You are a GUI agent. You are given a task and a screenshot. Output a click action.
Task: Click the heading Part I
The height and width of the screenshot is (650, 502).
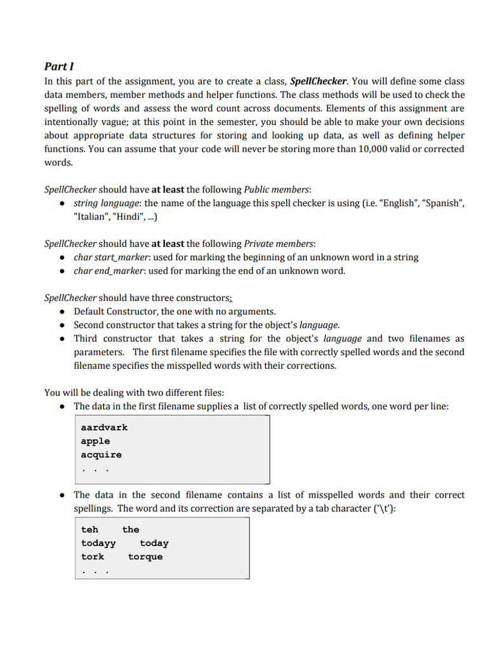(60, 66)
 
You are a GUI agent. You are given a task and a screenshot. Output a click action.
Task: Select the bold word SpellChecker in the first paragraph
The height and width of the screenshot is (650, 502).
(319, 81)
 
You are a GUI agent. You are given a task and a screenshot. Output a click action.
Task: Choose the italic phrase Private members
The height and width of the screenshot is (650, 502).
(279, 244)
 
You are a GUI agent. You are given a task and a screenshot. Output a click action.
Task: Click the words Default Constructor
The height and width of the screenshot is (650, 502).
(115, 311)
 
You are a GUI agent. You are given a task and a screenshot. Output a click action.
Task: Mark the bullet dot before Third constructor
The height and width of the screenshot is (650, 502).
(62, 338)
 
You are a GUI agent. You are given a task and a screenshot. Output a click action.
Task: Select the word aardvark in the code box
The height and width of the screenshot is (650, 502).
(104, 427)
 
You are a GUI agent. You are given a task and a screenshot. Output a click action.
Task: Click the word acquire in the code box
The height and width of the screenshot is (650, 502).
(101, 454)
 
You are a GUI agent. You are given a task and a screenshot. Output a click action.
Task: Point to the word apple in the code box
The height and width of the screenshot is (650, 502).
(95, 441)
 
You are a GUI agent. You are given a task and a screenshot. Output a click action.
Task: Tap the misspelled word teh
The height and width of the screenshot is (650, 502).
(89, 529)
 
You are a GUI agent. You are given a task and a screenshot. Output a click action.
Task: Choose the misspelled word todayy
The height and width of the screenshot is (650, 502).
(98, 543)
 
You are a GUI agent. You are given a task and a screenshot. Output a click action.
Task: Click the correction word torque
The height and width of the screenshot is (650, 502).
(145, 557)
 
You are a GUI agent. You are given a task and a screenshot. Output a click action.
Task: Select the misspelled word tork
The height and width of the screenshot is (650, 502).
(92, 557)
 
